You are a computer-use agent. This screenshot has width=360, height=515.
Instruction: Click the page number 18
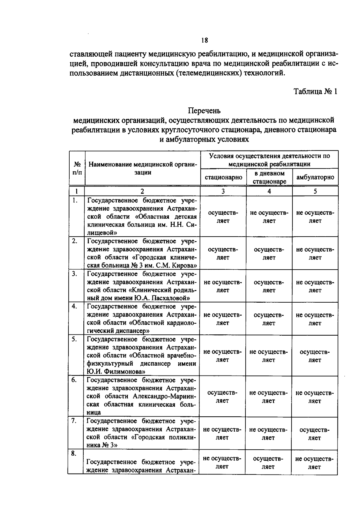click(204, 40)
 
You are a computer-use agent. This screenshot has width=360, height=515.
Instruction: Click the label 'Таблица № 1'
click(315, 91)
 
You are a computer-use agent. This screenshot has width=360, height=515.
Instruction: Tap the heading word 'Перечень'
click(204, 111)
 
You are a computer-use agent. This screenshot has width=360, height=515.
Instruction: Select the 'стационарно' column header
click(223, 177)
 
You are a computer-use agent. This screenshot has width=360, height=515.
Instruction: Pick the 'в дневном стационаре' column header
click(269, 177)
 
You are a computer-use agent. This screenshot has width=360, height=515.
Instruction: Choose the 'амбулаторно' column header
click(315, 177)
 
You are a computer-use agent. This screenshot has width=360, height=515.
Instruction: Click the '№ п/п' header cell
click(77, 168)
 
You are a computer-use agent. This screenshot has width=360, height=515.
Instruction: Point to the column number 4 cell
click(269, 191)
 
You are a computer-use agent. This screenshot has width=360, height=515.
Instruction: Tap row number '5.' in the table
click(74, 339)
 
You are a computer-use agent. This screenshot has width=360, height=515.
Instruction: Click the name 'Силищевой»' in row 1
click(102, 233)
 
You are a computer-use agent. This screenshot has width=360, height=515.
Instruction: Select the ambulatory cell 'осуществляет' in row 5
click(315, 356)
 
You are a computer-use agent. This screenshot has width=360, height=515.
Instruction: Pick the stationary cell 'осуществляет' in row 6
click(222, 397)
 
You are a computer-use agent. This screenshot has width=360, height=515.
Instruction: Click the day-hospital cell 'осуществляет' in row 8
click(268, 463)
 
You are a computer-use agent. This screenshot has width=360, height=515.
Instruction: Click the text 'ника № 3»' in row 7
click(102, 445)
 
